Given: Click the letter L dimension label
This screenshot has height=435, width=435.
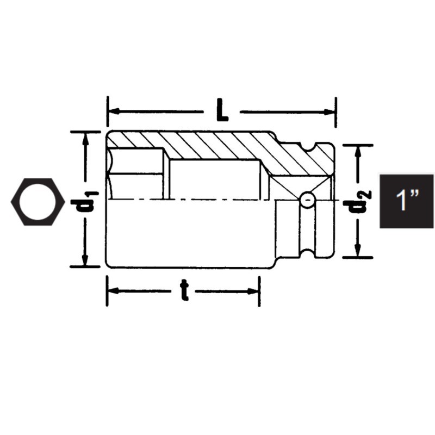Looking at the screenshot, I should pyautogui.click(x=221, y=111).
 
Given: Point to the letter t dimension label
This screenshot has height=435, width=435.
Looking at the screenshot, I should pyautogui.click(x=184, y=291).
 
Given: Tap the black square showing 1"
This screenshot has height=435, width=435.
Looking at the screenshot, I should pyautogui.click(x=406, y=201).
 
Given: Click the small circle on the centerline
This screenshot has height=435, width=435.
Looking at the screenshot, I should pyautogui.click(x=307, y=200).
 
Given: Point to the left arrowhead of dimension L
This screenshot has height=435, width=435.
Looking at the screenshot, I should pyautogui.click(x=113, y=112).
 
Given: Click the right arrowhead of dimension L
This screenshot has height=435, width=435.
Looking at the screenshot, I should pyautogui.click(x=330, y=112).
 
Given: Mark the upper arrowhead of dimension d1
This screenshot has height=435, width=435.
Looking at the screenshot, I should pyautogui.click(x=85, y=137).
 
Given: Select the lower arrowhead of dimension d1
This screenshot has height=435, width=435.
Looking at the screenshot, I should pyautogui.click(x=85, y=262).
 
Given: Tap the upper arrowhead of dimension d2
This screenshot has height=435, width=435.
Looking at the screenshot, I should pyautogui.click(x=357, y=151).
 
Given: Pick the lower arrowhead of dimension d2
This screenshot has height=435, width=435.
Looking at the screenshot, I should pyautogui.click(x=357, y=252).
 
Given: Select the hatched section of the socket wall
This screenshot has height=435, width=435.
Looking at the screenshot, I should pyautogui.click(x=217, y=145).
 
